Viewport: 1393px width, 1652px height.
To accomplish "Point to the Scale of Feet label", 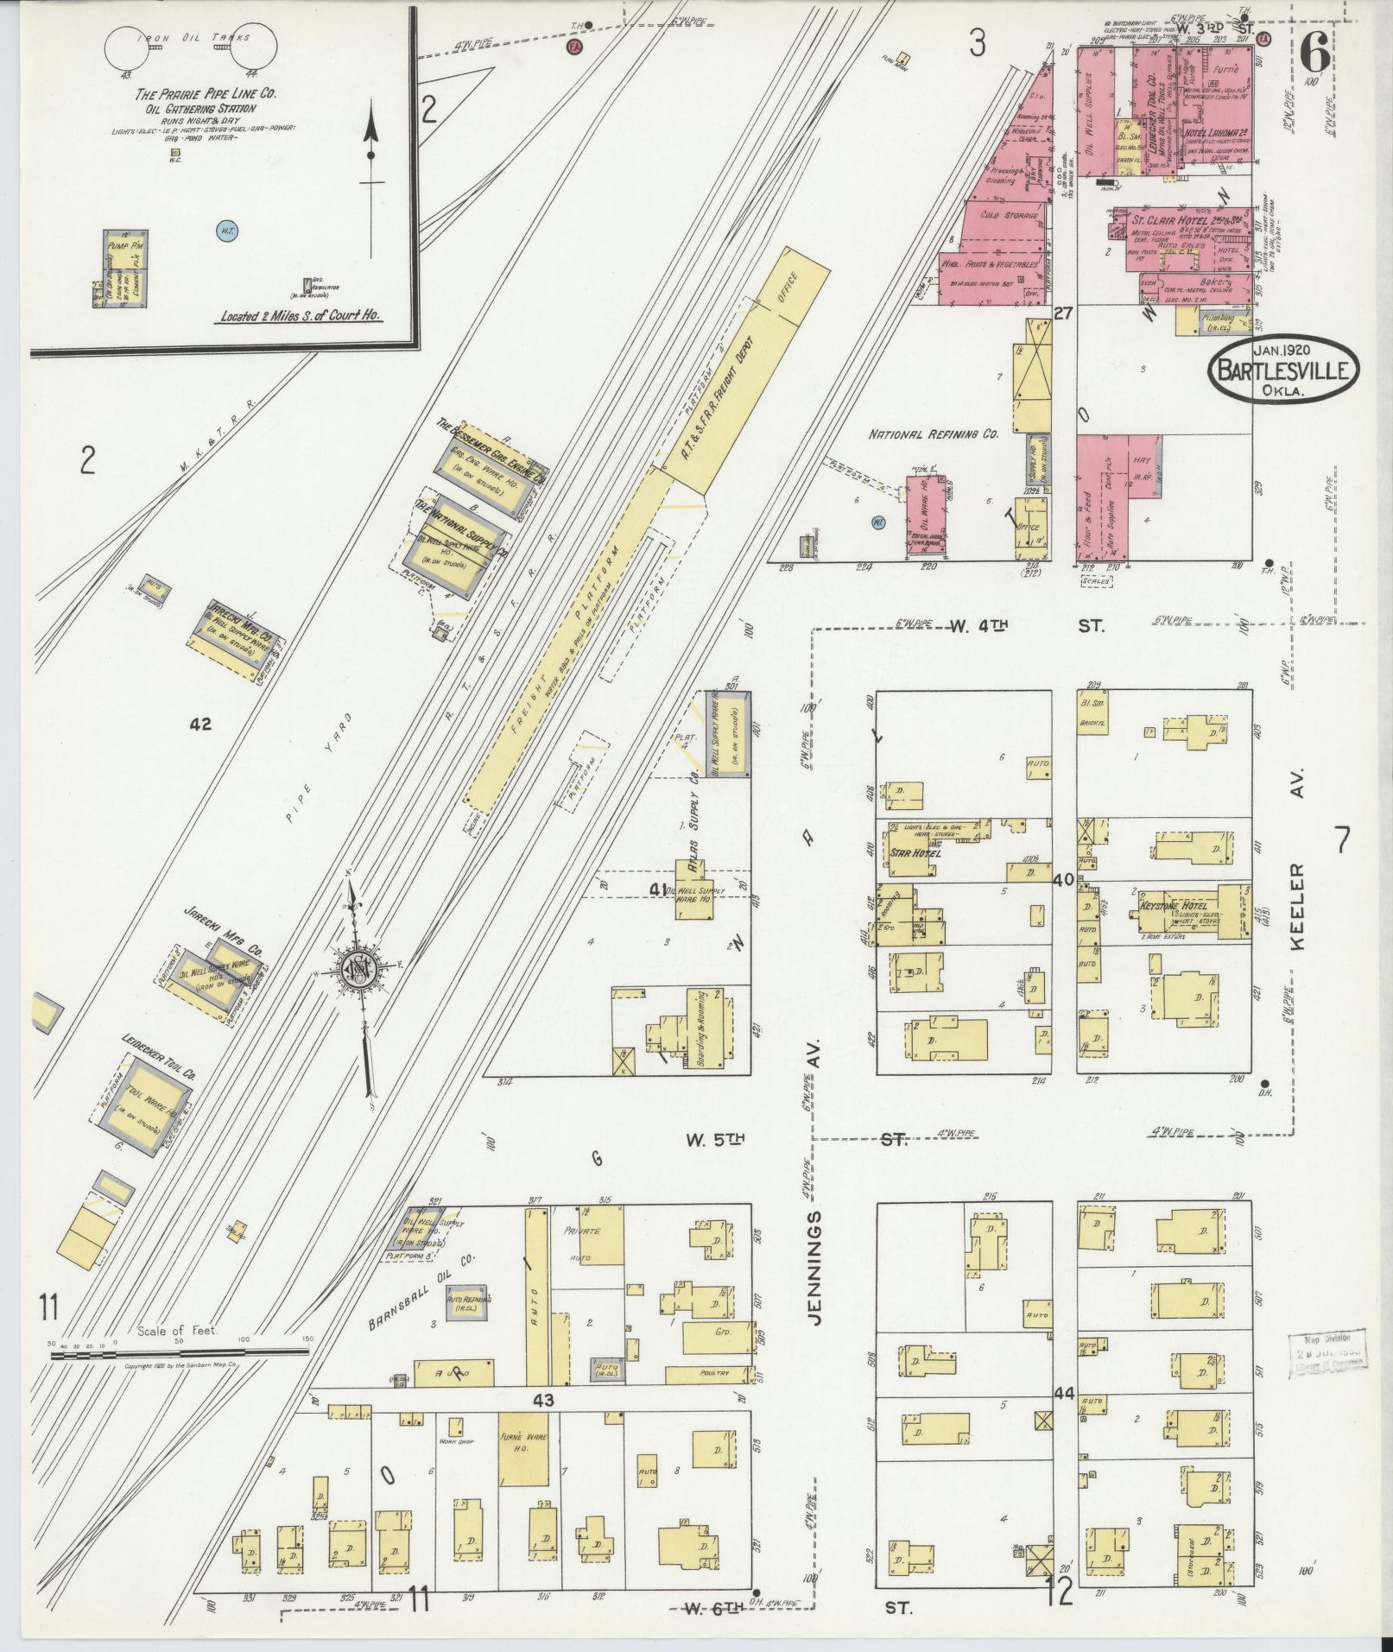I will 177,1355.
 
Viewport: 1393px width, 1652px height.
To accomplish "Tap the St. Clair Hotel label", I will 1162,220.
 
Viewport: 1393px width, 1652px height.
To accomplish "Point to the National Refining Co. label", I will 932,434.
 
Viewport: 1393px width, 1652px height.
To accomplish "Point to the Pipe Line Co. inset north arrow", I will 371,155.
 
